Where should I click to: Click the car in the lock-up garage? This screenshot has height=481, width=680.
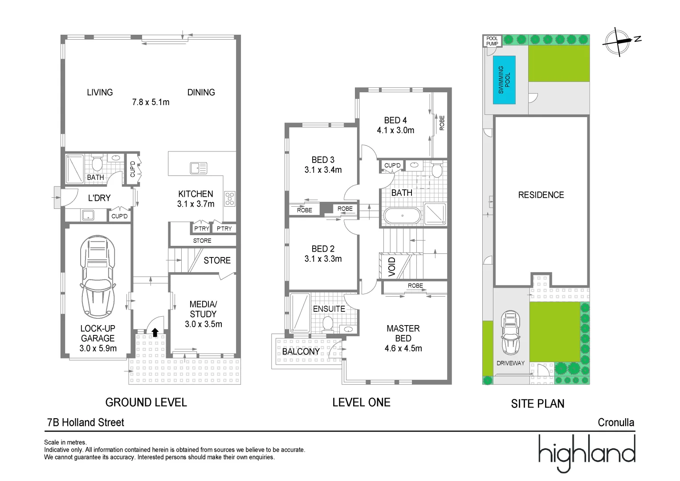[x=98, y=277]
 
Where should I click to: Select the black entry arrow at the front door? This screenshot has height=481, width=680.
[x=155, y=332]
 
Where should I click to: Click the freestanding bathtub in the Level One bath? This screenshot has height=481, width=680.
[x=402, y=216]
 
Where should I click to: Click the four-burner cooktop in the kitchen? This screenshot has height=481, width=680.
[x=229, y=199]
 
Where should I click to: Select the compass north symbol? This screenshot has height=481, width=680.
[x=618, y=41]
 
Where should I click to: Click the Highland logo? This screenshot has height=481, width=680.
[x=586, y=453]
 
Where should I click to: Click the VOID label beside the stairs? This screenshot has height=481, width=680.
[x=392, y=267]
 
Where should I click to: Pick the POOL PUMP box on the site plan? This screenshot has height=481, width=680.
[x=492, y=41]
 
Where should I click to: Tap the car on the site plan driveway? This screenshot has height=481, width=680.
[x=510, y=332]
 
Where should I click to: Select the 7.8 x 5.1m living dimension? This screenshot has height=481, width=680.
[x=151, y=102]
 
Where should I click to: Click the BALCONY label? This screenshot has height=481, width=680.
[x=301, y=351]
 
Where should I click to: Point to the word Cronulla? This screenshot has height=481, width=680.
[x=616, y=422]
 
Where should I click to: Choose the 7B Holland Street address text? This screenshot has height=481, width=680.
[x=86, y=422]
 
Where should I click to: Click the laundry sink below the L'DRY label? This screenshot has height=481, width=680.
[x=88, y=216]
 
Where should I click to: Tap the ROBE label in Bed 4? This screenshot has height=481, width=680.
[x=442, y=123]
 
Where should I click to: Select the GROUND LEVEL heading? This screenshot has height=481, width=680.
[x=146, y=402]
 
